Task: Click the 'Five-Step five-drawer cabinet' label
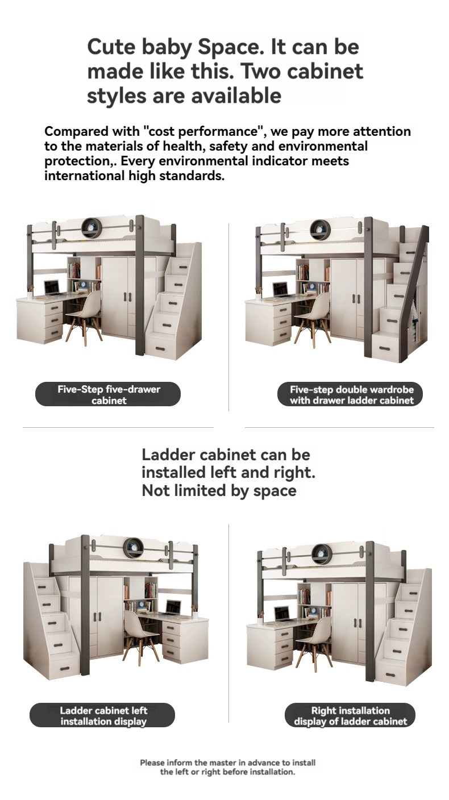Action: [x=108, y=394]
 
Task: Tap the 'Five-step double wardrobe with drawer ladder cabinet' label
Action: [x=350, y=394]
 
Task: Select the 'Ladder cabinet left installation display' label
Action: [x=102, y=715]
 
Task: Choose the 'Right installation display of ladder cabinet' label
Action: [x=350, y=715]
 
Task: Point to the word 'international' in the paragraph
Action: [x=84, y=176]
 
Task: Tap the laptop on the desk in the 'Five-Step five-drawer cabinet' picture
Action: [x=52, y=287]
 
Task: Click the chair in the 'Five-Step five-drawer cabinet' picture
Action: [x=84, y=315]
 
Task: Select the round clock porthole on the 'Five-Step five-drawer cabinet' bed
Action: [x=91, y=227]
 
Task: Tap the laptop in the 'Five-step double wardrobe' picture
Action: [x=281, y=290]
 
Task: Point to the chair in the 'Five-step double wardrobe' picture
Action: [x=313, y=318]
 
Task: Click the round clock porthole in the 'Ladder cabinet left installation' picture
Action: [x=133, y=548]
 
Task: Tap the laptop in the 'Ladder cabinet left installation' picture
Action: [x=173, y=607]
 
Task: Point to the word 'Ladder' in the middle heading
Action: [x=168, y=455]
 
